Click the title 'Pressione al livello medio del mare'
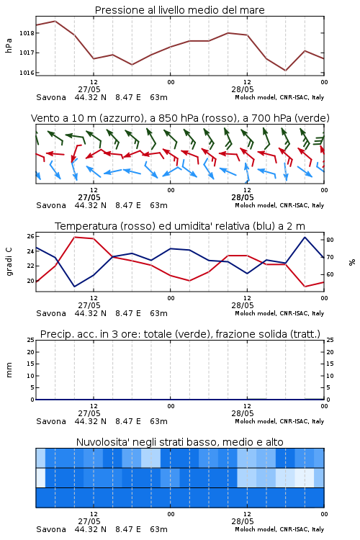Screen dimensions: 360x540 pos(179,10)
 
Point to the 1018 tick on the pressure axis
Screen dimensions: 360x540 pos(27,33)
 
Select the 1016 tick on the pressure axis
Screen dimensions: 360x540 pos(27,73)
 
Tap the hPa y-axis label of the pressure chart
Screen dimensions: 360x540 pos(9,45)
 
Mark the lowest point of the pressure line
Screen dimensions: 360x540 pos(285,71)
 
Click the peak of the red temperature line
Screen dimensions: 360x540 pos(75,237)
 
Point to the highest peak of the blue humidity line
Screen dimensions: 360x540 pos(305,238)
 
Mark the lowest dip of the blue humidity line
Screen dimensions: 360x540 pos(74,287)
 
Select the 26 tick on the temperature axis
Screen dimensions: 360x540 pos(31,236)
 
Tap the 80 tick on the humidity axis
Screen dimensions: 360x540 pos(330,240)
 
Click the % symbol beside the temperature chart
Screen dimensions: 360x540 pos(352,262)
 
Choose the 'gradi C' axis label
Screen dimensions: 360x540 pos(9,262)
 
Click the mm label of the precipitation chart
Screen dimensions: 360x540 pos(9,370)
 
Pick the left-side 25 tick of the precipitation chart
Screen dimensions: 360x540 pos(31,340)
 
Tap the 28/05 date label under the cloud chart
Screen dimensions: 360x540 pos(243,521)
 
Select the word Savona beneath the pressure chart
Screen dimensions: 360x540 pos(51,97)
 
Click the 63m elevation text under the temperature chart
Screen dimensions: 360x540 pos(159,313)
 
